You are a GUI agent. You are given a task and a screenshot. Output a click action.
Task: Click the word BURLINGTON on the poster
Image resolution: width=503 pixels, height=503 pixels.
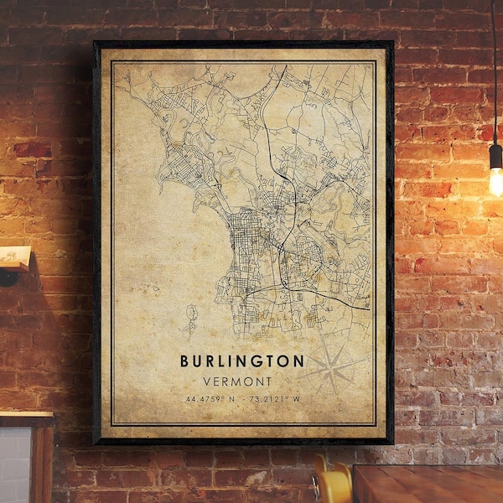pyautogui.click(x=242, y=360)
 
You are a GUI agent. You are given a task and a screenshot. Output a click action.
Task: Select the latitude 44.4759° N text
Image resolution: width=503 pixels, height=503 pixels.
pyautogui.click(x=213, y=397)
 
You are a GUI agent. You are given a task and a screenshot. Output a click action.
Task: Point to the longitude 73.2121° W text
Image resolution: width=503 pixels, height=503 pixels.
pyautogui.click(x=273, y=397)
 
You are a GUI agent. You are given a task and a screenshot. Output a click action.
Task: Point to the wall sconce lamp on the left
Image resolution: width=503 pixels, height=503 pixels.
pyautogui.click(x=14, y=261)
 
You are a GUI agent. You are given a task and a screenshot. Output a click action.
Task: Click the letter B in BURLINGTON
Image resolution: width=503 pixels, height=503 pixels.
pyautogui.click(x=184, y=360)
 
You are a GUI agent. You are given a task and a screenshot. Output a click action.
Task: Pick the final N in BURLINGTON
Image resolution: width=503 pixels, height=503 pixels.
pyautogui.click(x=299, y=360)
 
